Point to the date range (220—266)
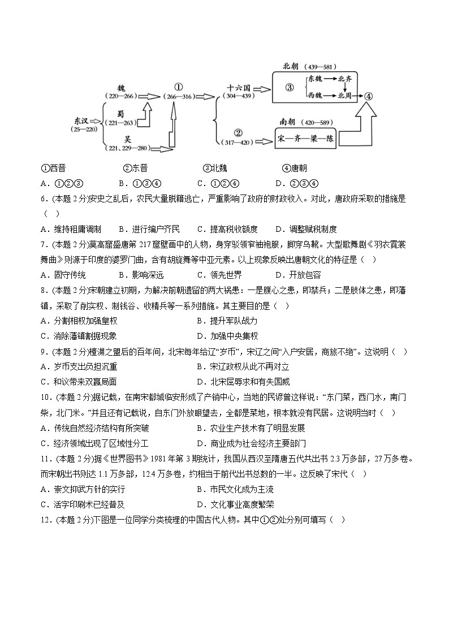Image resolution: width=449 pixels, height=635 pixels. (121, 96)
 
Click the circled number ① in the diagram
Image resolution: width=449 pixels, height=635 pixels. (178, 87)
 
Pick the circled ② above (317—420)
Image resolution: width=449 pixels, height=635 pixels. (238, 133)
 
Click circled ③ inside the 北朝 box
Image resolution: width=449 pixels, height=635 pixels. (289, 88)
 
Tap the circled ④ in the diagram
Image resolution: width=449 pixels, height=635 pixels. (369, 96)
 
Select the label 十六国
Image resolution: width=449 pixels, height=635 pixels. (239, 88)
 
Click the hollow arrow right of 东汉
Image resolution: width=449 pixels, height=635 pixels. (95, 120)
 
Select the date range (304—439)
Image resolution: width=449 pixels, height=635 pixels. (238, 96)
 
